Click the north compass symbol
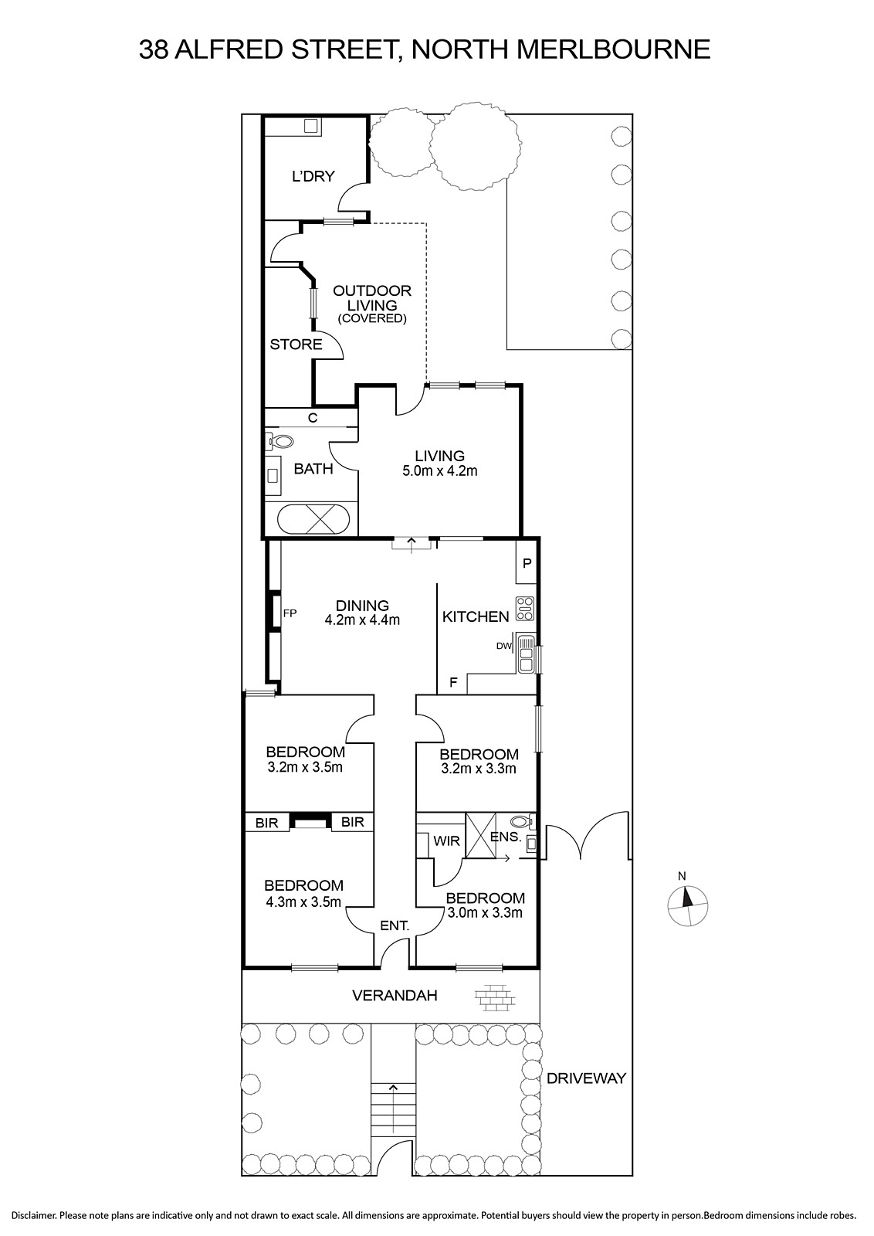[687, 905]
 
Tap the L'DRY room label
[313, 176]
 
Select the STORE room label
[296, 345]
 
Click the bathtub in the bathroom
[313, 518]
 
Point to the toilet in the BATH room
[281, 441]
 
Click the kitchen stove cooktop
[524, 609]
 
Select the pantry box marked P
[527, 563]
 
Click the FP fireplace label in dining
[290, 613]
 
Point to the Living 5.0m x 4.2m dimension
[439, 470]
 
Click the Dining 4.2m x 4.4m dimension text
[362, 620]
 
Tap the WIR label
[446, 841]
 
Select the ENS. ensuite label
[506, 837]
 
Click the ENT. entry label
[395, 925]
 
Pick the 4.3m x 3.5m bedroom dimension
[303, 902]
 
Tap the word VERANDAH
[395, 996]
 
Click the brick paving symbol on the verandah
[494, 998]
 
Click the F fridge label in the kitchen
[453, 683]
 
